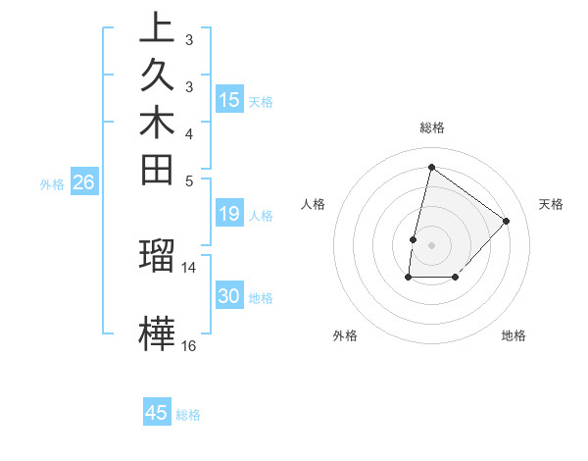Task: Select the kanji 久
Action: click(157, 77)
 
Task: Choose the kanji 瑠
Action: click(157, 254)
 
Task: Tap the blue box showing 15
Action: click(229, 99)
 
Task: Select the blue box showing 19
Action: click(229, 215)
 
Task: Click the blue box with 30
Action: click(229, 297)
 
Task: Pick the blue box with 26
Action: click(84, 182)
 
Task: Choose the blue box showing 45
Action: click(157, 413)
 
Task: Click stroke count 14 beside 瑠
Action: click(189, 267)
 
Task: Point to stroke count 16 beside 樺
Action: click(189, 346)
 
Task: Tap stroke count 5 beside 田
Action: click(189, 180)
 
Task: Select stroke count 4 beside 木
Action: click(189, 133)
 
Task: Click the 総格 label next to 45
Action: click(188, 415)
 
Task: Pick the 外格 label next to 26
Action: click(52, 183)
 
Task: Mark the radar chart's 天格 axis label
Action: click(552, 204)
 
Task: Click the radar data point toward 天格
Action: click(507, 221)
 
